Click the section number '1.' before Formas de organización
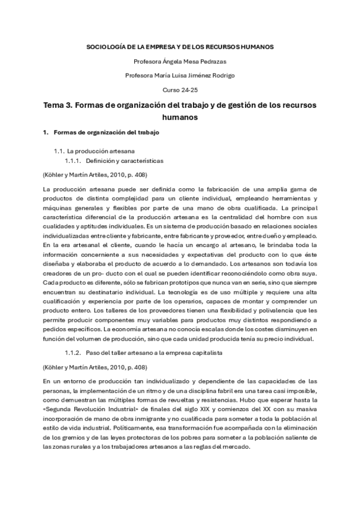coord(45,132)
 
